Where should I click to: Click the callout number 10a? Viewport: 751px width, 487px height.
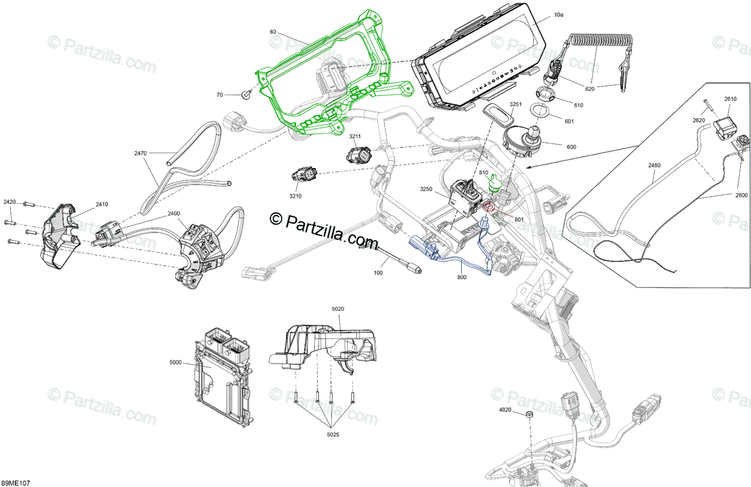pyautogui.click(x=559, y=14)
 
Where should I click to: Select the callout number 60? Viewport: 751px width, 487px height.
pyautogui.click(x=273, y=31)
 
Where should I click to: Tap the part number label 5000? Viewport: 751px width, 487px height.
pyautogui.click(x=175, y=362)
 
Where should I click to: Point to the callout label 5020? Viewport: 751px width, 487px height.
pyautogui.click(x=338, y=308)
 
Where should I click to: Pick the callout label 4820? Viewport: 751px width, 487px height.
pyautogui.click(x=506, y=410)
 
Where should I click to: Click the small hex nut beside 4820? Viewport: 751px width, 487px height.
pyautogui.click(x=529, y=415)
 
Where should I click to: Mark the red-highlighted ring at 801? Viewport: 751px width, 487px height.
pyautogui.click(x=490, y=206)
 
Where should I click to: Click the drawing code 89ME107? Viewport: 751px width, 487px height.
pyautogui.click(x=15, y=483)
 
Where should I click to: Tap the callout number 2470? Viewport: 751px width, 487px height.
pyautogui.click(x=140, y=153)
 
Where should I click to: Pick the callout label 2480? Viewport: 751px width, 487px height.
pyautogui.click(x=654, y=165)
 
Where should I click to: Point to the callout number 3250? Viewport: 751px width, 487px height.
pyautogui.click(x=426, y=189)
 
